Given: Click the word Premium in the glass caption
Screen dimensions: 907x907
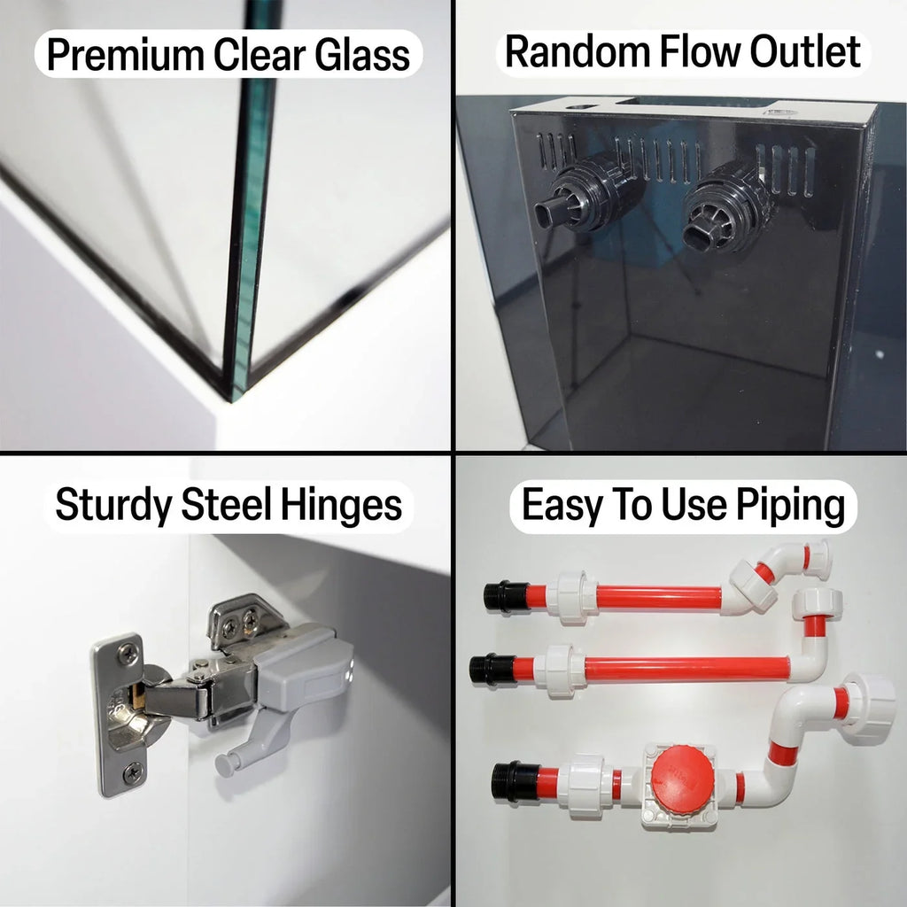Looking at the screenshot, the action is click(126, 55).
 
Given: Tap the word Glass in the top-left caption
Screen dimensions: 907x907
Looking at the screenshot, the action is click(362, 55).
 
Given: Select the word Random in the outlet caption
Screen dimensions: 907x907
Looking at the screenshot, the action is click(578, 51).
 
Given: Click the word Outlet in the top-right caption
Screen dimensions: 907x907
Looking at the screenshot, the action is click(805, 51).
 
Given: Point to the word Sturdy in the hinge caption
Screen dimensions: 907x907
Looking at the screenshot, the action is click(113, 506).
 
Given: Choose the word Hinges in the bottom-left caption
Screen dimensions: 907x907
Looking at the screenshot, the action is click(341, 506).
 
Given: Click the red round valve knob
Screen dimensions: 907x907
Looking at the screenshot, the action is click(682, 778).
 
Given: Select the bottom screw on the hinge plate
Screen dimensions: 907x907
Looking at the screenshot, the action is click(133, 772).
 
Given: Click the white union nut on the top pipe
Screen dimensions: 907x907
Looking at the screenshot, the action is click(572, 597).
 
